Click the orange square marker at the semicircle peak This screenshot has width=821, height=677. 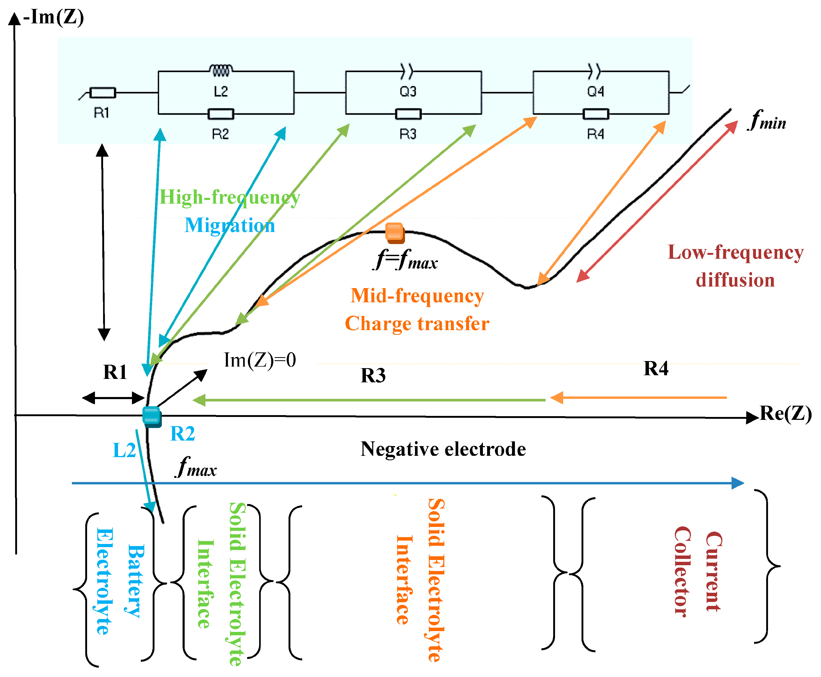pyautogui.click(x=394, y=232)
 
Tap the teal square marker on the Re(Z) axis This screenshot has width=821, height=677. pyautogui.click(x=152, y=416)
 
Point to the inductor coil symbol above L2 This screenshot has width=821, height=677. pyautogui.click(x=221, y=70)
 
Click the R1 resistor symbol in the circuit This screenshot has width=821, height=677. pyautogui.click(x=103, y=93)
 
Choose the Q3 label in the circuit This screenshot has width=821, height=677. pyautogui.click(x=408, y=92)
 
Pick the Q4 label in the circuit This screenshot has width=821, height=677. pyautogui.click(x=595, y=92)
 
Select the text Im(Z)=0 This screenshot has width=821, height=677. pyautogui.click(x=260, y=360)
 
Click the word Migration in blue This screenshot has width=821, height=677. pyautogui.click(x=230, y=225)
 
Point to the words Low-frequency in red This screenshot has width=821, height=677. pyautogui.click(x=736, y=252)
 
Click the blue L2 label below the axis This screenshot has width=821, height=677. pyautogui.click(x=124, y=451)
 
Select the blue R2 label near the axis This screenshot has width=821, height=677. pyautogui.click(x=183, y=434)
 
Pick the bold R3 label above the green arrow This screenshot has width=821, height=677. pyautogui.click(x=373, y=375)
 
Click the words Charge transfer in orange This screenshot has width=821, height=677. pyautogui.click(x=417, y=324)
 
